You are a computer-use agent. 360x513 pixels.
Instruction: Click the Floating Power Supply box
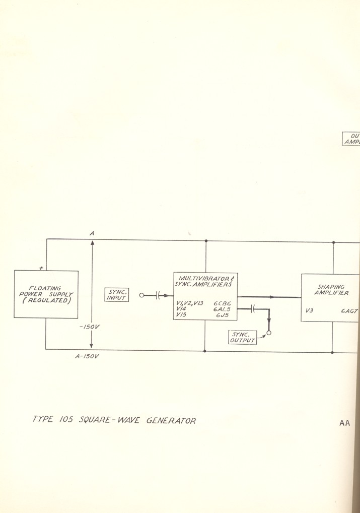(46, 294)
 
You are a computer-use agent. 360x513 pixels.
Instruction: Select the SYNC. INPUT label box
(116, 295)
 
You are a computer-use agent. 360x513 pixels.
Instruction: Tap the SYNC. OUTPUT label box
(242, 337)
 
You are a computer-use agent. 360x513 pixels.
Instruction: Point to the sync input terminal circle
(141, 296)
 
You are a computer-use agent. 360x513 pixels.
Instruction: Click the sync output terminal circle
(269, 333)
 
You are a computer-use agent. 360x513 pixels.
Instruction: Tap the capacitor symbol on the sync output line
(253, 309)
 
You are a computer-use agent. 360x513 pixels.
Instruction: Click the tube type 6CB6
(222, 303)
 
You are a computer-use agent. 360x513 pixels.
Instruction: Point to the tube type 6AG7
(349, 311)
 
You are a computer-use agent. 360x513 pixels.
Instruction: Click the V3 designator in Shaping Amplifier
(309, 311)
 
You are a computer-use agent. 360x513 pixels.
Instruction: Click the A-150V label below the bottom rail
(87, 357)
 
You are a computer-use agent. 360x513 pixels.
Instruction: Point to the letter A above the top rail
(92, 233)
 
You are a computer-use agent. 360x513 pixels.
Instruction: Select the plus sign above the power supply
(48, 268)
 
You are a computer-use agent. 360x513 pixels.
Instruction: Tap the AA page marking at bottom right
(344, 423)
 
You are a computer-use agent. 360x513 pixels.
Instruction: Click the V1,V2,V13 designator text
(189, 303)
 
